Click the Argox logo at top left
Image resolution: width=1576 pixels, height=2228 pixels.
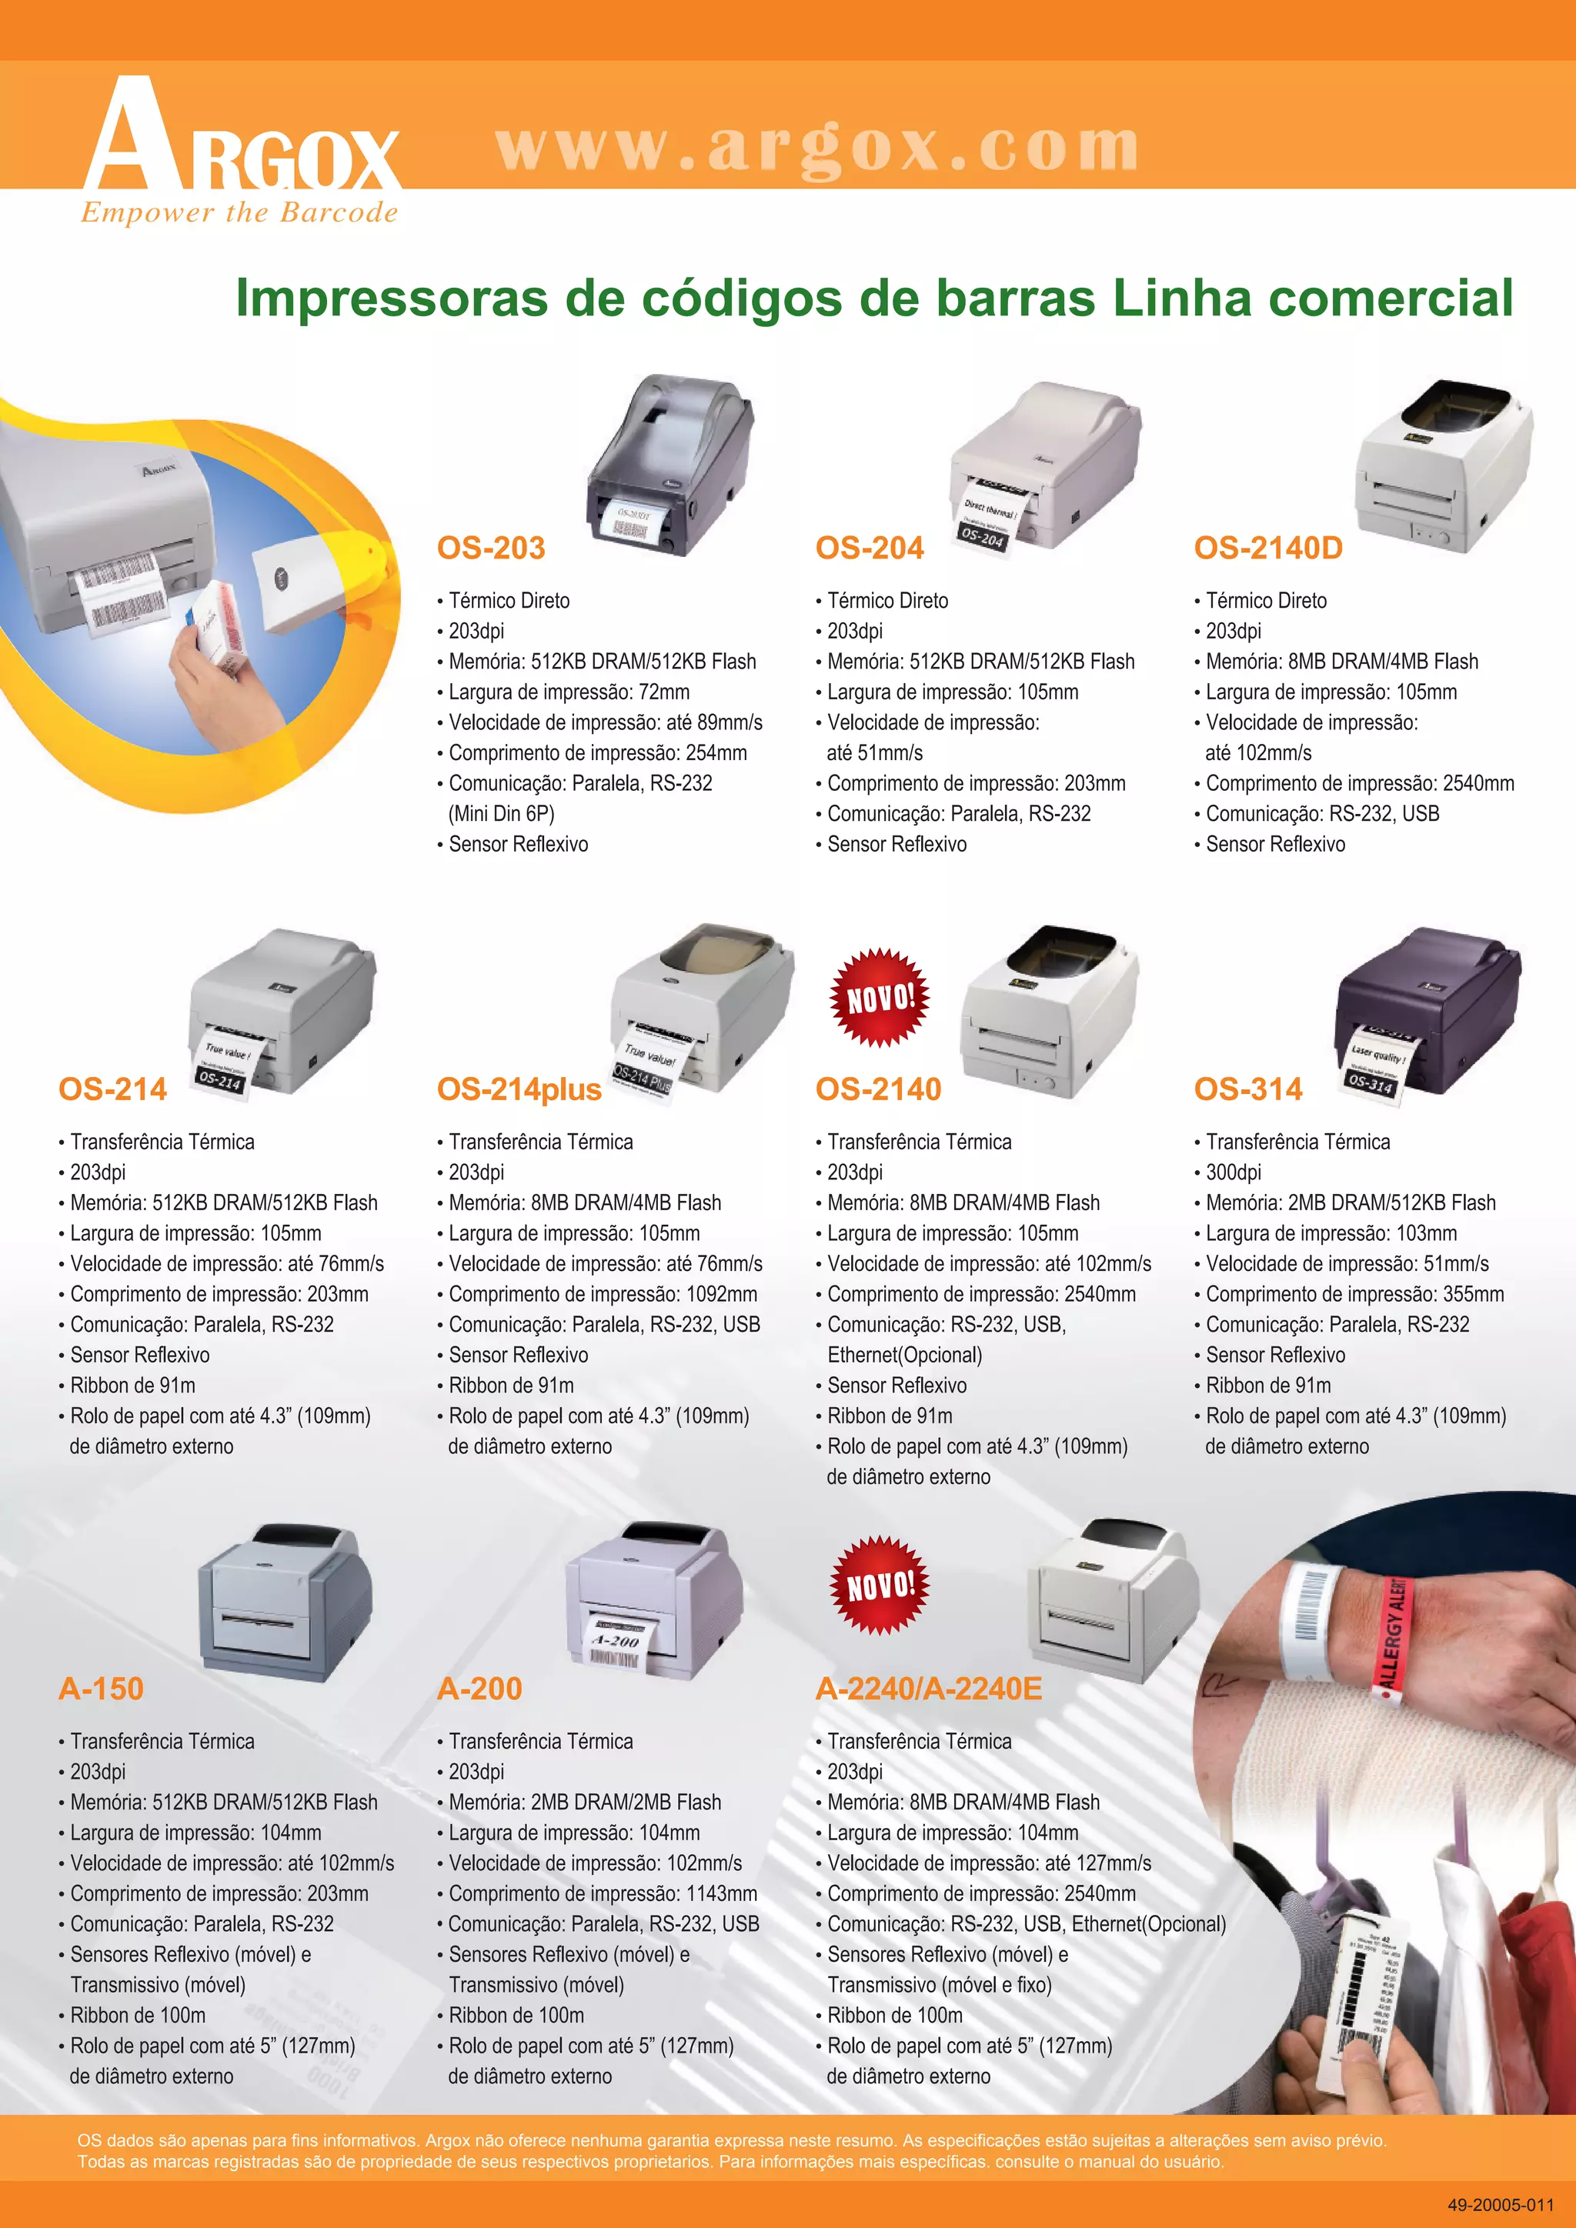[242, 151]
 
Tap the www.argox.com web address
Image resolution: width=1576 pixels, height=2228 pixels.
[817, 148]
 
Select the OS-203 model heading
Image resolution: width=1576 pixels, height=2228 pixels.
[491, 549]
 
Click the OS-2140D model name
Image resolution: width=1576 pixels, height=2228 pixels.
[1268, 549]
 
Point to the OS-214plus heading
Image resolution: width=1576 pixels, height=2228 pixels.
[519, 1089]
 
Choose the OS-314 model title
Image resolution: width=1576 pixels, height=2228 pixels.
[1248, 1089]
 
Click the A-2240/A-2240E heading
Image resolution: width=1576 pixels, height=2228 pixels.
[929, 1689]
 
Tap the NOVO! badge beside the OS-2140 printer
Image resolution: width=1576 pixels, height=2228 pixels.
[880, 998]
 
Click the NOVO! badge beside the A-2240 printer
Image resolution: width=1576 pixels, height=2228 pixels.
[880, 1586]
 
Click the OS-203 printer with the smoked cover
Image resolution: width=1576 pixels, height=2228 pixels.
[669, 465]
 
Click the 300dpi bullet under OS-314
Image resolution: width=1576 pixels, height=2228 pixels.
[1233, 1172]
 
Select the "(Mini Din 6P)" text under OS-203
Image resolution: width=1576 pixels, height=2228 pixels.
[502, 813]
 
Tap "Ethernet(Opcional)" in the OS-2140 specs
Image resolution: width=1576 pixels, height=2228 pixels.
[904, 1355]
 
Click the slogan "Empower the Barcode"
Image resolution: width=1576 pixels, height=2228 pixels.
[239, 212]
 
